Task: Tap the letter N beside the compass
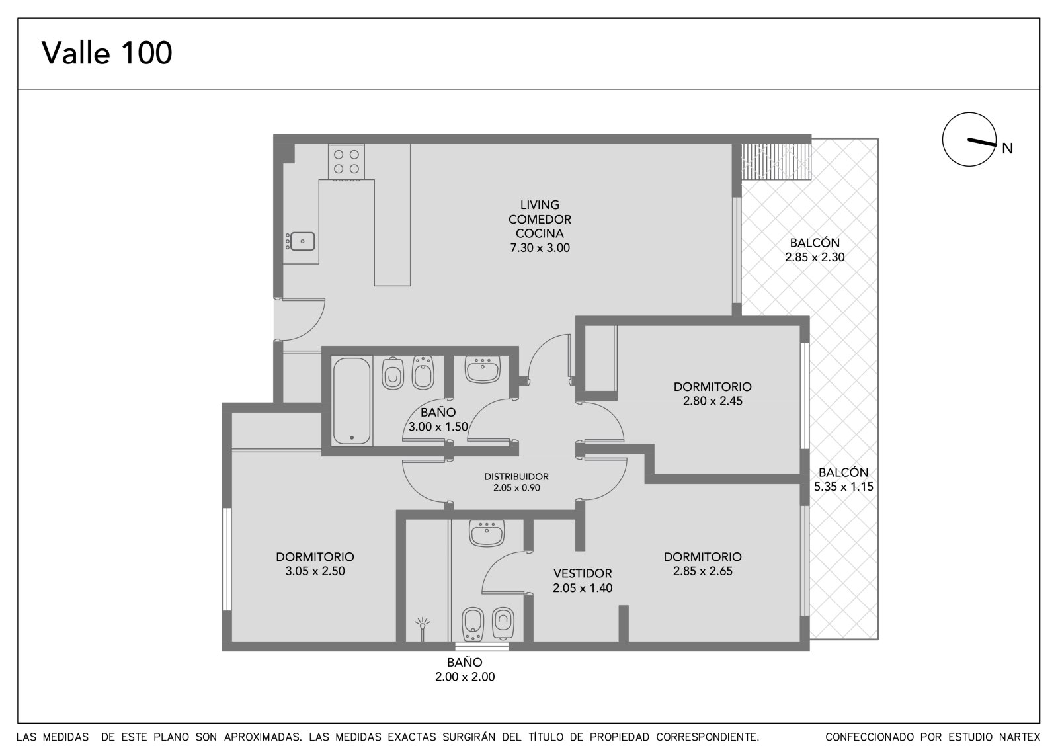coord(1007,148)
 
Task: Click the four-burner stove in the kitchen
coord(346,162)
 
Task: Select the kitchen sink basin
coord(302,241)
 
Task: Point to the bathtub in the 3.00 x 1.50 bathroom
coord(351,401)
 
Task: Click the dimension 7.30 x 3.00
coord(540,247)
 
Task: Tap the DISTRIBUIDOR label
coord(516,477)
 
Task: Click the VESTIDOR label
coord(583,573)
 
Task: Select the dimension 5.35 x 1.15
coord(843,487)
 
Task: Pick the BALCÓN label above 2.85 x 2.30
coord(815,243)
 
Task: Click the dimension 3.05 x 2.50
coord(315,571)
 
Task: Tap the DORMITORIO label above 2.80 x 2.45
coord(712,386)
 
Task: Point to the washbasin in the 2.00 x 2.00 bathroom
coord(487,533)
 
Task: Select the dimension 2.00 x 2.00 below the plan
coord(465,677)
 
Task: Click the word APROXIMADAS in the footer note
coord(263,737)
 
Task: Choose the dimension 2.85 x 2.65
coord(702,571)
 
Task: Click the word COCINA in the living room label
coord(540,233)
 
